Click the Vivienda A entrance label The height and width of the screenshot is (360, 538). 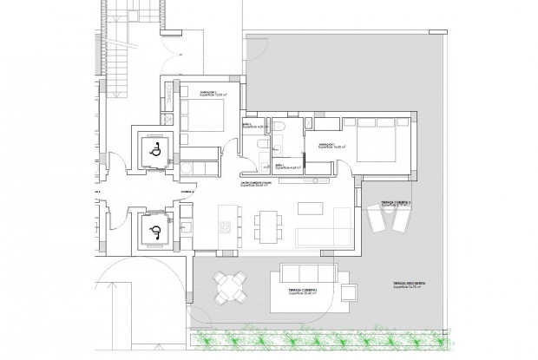(166, 185)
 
